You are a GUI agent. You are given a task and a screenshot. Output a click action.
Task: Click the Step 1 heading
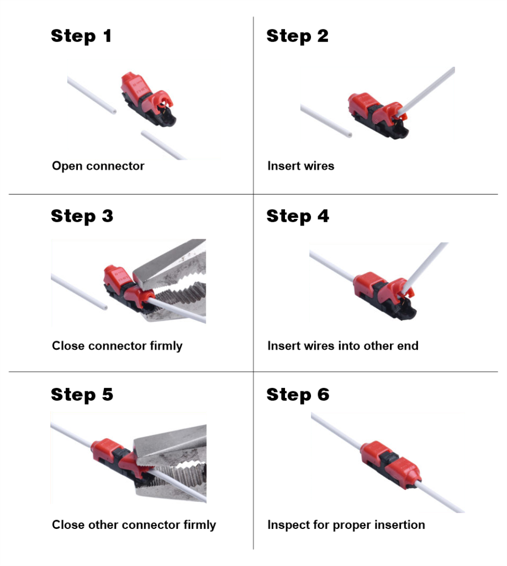81,36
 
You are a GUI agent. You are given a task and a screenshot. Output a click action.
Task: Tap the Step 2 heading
297,36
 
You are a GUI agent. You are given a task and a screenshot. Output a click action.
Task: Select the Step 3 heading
82,216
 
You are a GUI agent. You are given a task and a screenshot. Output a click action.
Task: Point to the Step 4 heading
298,216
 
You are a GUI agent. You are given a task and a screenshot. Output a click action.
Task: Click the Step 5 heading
82,395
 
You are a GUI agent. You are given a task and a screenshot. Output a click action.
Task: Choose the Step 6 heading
298,395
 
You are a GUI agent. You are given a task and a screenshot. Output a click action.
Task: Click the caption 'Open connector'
98,166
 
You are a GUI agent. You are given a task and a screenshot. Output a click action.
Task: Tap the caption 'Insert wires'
300,166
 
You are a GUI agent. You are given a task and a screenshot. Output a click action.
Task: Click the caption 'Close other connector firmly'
134,525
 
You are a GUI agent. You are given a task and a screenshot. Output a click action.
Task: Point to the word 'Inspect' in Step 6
286,525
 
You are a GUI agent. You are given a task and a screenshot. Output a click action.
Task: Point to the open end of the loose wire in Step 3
101,304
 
